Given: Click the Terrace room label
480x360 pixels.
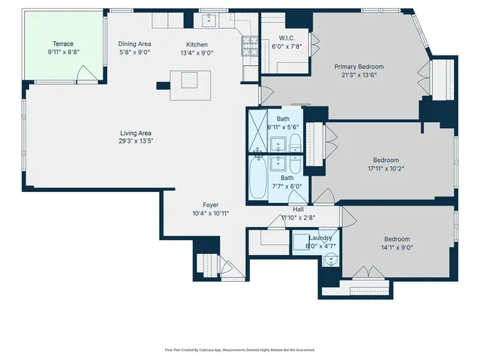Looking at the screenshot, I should click(x=63, y=43).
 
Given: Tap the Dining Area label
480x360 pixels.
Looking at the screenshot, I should click(x=135, y=43).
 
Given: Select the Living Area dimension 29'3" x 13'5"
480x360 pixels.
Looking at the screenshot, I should click(x=136, y=141).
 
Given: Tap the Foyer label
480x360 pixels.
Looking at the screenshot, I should click(x=210, y=205).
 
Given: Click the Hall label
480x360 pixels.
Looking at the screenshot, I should click(x=298, y=209).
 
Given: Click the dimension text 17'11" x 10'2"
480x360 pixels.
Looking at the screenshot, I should click(x=389, y=168).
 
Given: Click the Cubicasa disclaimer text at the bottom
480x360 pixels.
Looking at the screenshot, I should click(x=240, y=349).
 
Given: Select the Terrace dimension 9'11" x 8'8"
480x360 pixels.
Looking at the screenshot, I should click(x=63, y=52).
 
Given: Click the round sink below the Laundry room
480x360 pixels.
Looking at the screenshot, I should click(x=331, y=261).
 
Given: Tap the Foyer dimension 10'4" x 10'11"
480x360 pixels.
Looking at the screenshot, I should click(x=210, y=213).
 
